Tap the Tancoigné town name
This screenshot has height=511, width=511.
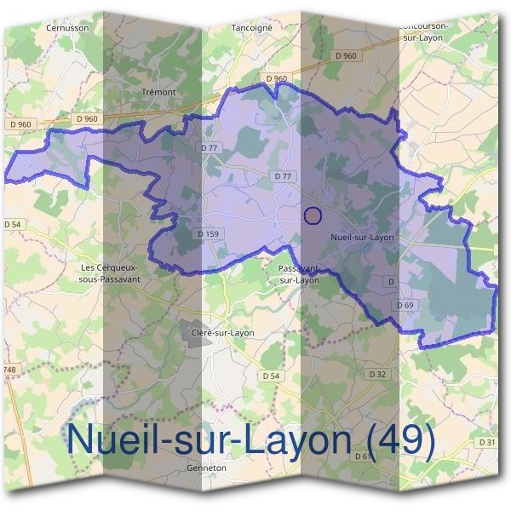251,27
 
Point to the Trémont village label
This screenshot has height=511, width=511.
158,92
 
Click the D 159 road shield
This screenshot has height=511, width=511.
209,233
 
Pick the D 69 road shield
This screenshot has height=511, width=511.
405,305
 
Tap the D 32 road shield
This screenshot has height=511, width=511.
378,374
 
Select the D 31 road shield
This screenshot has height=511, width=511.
487,442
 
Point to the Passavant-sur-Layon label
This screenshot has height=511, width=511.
299,273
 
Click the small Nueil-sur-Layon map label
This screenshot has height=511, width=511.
362,237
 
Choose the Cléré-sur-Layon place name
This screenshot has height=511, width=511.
223,332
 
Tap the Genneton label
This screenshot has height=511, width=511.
206,468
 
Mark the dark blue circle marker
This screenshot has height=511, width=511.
313,215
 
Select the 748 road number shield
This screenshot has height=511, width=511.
9,369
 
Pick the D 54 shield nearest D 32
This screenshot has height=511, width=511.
271,376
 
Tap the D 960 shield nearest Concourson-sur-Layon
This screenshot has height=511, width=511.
347,55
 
